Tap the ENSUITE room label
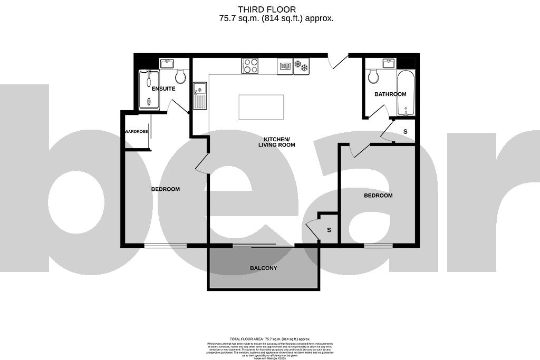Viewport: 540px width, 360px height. (x=163, y=89)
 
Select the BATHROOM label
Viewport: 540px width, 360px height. (x=390, y=94)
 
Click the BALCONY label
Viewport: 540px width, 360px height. (x=263, y=268)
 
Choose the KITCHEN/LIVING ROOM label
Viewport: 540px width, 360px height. (x=276, y=142)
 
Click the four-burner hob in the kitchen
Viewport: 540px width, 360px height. (x=250, y=66)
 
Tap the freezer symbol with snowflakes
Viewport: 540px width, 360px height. (x=301, y=66)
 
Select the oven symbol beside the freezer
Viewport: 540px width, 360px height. (x=284, y=66)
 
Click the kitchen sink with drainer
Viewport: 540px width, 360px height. (x=200, y=95)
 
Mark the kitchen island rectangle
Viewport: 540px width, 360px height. (x=261, y=107)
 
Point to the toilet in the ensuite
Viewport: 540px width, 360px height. (x=180, y=77)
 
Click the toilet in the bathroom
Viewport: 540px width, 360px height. (x=374, y=77)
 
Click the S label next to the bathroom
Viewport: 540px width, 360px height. (x=405, y=131)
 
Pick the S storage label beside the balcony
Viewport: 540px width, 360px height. (x=329, y=230)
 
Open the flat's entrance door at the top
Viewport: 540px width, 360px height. (x=338, y=60)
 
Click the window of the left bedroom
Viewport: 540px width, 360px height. (x=166, y=246)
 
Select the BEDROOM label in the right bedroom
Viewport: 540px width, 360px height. (x=378, y=196)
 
